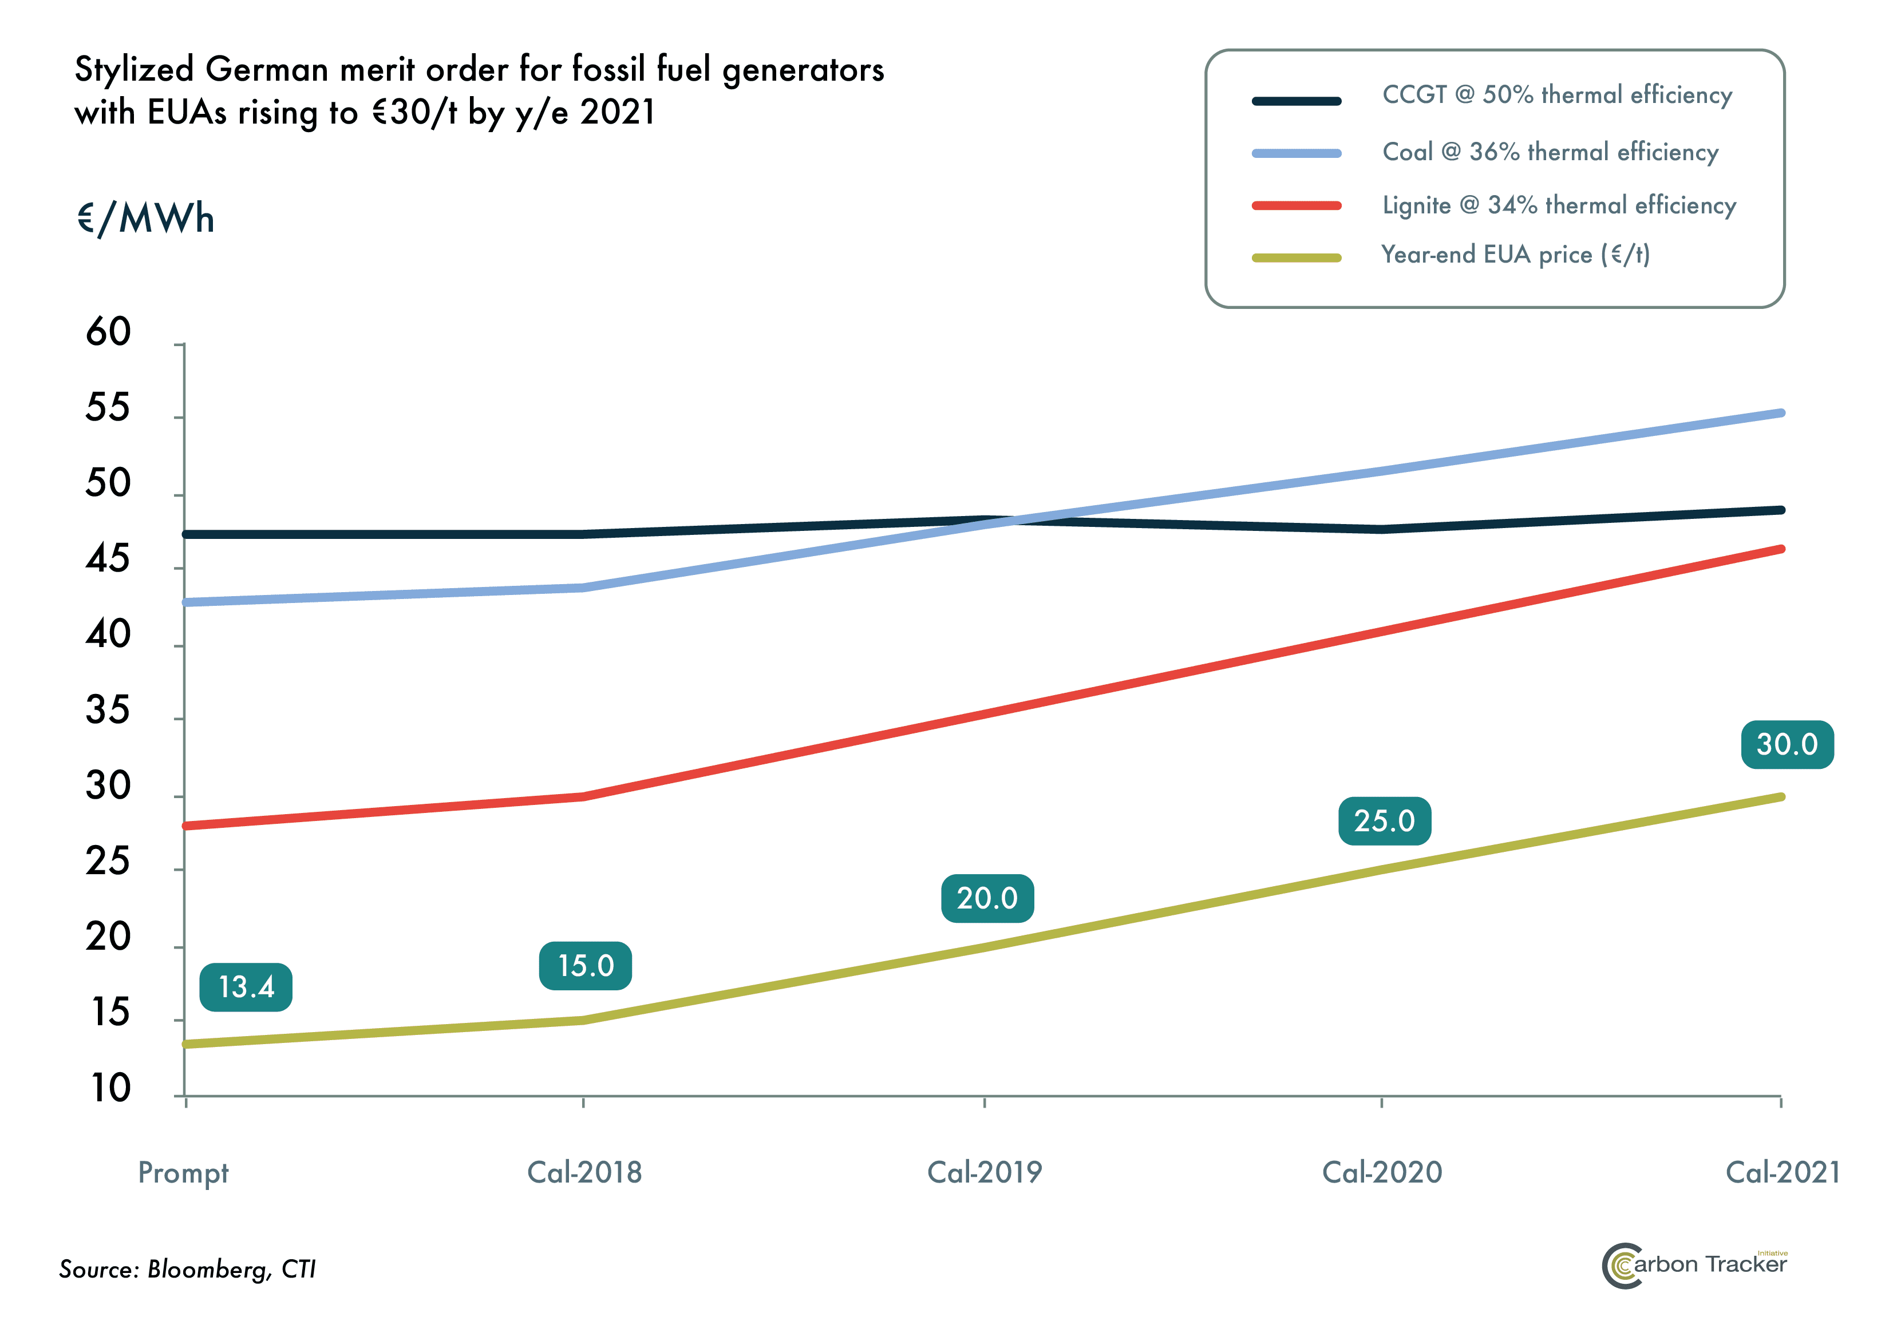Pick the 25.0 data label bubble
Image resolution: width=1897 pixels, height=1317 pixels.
pos(1384,820)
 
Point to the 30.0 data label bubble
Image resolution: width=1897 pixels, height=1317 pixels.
pos(1787,744)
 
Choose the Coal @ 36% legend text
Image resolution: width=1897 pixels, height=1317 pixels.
pos(1550,152)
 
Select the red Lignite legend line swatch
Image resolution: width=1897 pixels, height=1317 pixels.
pos(1295,205)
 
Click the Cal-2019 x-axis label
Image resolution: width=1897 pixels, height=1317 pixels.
pos(984,1172)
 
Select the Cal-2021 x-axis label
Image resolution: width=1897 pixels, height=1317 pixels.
pos(1783,1172)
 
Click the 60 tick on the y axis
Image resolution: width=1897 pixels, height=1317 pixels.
pos(108,332)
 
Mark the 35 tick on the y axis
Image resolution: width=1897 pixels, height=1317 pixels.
pos(108,711)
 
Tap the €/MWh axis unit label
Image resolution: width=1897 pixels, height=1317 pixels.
pos(146,219)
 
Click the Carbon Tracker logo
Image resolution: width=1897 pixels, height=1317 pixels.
pos(1693,1265)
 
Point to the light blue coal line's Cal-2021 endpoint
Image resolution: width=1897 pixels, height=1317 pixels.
pos(1781,412)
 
